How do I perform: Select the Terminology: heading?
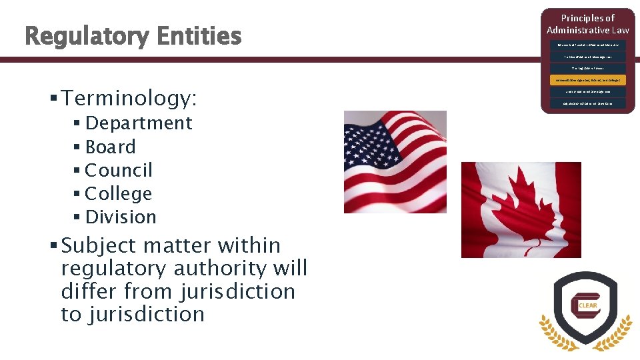pos(129,99)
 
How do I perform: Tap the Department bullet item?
pos(139,123)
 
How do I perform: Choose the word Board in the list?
pos(110,147)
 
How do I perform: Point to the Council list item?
pos(119,170)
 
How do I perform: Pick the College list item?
pos(119,193)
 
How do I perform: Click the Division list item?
pos(121,217)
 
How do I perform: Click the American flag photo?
pos(394,162)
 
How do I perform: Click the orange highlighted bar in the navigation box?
pos(587,79)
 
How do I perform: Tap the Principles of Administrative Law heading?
pos(587,24)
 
